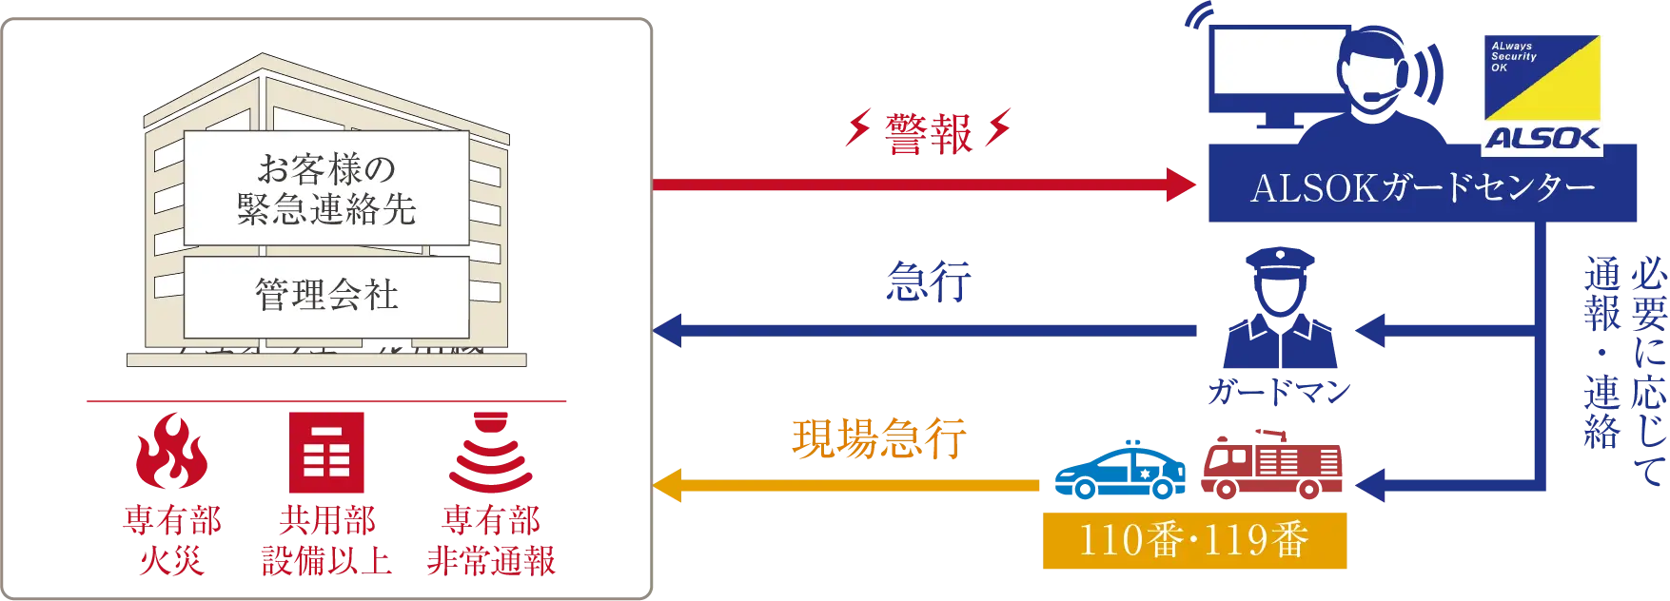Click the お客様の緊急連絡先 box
tap(326, 188)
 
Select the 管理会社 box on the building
tap(326, 296)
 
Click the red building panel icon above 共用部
tap(327, 453)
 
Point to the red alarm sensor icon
tap(491, 452)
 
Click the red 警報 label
tap(929, 134)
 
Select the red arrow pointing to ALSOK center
tap(923, 184)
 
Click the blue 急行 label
tap(928, 283)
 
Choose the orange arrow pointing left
tap(847, 485)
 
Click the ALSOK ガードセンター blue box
tap(1423, 187)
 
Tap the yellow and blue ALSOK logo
tap(1542, 93)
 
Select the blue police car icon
tap(1119, 470)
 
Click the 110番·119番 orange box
tap(1194, 540)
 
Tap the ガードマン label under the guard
tap(1278, 392)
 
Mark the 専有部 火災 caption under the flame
tap(171, 540)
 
